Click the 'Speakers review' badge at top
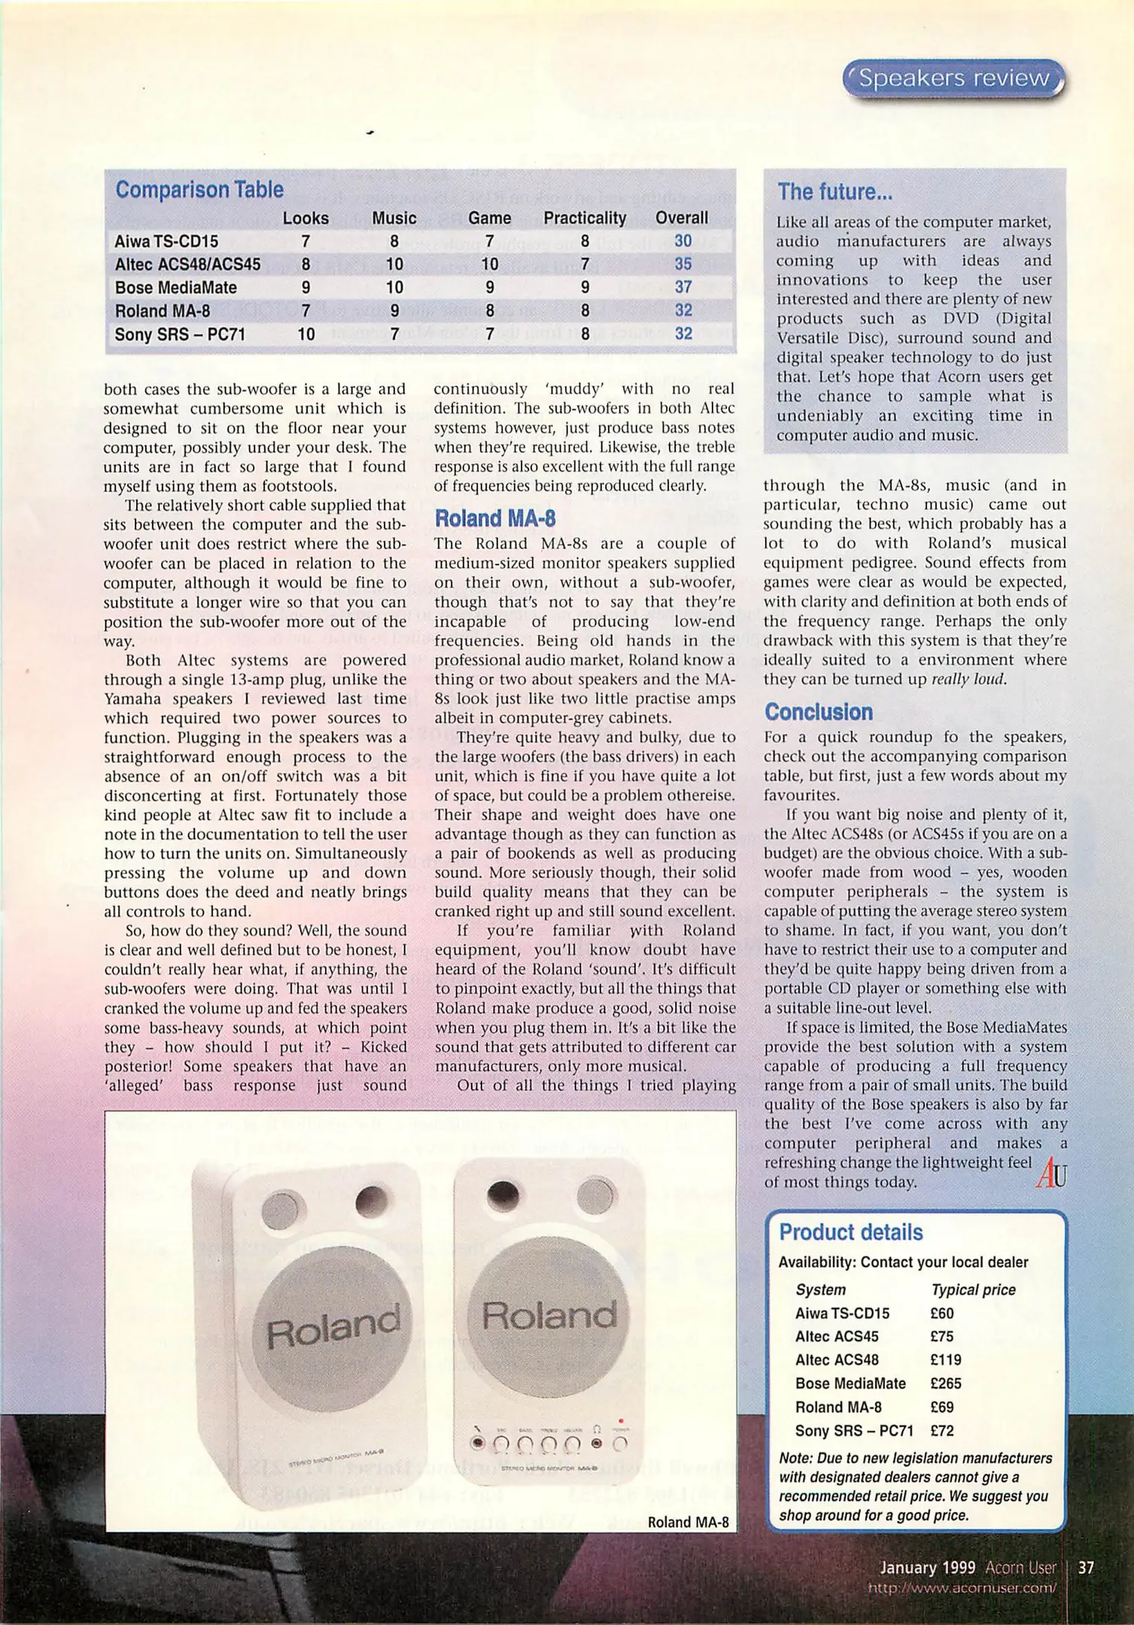pos(953,79)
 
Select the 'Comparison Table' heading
pos(199,190)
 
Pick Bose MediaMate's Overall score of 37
pos(683,287)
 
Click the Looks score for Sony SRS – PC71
pos(306,334)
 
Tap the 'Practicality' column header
pos(585,218)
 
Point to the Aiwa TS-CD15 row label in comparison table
pos(166,241)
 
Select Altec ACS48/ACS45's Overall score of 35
pos(683,264)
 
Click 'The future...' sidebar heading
pos(835,192)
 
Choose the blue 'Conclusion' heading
pos(818,712)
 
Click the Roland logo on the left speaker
pos(334,1327)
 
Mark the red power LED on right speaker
pos(620,1420)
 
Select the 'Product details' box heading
pos(850,1232)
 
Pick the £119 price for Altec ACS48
pos(946,1360)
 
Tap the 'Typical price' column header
pos(973,1289)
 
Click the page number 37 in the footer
pos(1086,1568)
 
